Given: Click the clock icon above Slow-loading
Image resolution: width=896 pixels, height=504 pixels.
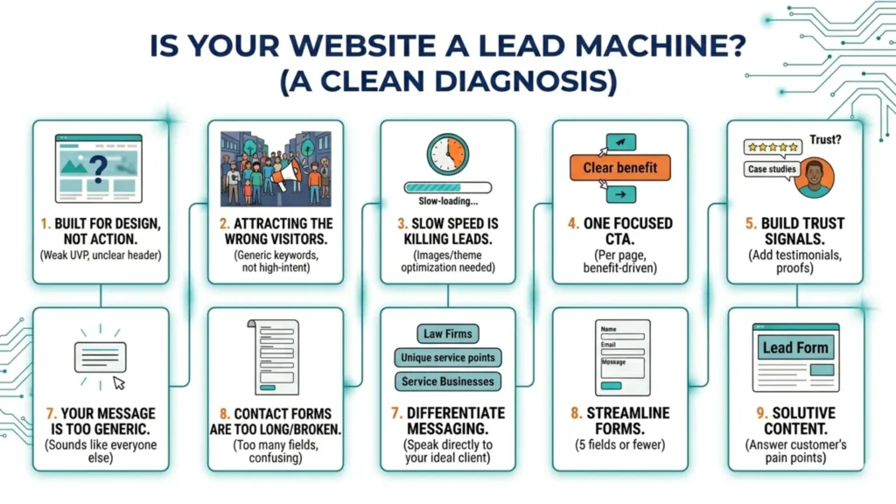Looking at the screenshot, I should pos(447,154).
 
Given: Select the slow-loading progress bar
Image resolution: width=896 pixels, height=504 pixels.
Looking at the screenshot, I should pos(447,187).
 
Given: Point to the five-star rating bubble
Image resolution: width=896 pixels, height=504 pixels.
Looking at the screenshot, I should pos(771,147).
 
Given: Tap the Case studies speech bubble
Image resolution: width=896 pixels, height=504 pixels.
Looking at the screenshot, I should pos(771,169).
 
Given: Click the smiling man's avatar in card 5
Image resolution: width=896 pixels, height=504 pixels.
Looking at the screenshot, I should pos(815,178).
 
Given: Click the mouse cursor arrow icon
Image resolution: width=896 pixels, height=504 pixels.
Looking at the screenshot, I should pos(119,382).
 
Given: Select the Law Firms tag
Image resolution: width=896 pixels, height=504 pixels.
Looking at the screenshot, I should pos(447,333).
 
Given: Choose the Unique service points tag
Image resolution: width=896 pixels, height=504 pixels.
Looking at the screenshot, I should pos(447,357).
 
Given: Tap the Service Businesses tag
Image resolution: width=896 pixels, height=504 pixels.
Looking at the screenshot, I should pos(447,381).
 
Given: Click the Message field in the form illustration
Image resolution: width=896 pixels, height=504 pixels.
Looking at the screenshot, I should pos(622,367).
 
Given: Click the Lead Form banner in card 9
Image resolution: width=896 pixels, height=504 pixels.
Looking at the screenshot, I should pos(794,347).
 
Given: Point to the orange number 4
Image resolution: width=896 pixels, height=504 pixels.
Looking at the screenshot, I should pos(573,223).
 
